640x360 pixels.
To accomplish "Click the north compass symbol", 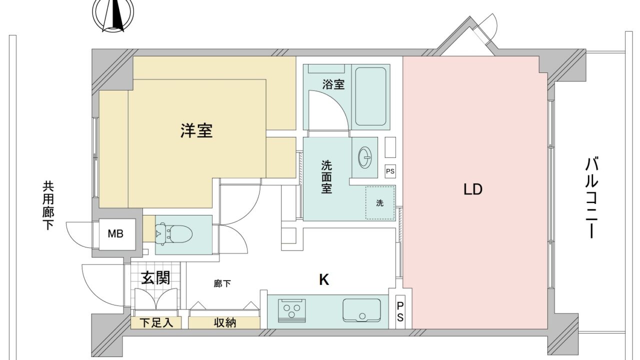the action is point(113,15).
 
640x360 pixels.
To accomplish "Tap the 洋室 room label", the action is point(196,131).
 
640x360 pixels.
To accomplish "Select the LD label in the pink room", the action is point(473,189).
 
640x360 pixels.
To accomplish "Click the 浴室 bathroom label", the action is point(333,84).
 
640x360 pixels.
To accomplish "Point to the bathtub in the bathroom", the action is point(370,96).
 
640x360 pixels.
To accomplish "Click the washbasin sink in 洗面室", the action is point(365,157).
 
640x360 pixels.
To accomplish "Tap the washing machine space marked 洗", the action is point(380,202).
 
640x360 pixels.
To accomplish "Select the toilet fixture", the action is point(173,234).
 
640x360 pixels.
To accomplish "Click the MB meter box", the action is point(115,234).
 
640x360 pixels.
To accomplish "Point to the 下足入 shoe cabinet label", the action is point(156,323).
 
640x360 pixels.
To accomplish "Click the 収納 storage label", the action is point(225,323).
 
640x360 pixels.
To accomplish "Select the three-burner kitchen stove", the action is point(291,311).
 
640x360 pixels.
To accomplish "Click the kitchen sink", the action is point(361,310).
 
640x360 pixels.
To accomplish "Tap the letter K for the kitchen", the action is point(324,279).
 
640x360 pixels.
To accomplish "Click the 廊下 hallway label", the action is point(222,283).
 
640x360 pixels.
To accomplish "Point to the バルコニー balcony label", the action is point(591,197).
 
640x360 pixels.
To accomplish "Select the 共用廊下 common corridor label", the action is point(48,205).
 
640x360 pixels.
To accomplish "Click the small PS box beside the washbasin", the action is point(390,171).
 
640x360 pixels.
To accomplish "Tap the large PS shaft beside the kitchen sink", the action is point(400,312).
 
